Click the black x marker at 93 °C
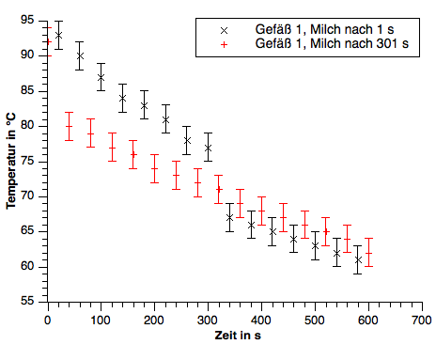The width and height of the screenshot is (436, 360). coord(58,35)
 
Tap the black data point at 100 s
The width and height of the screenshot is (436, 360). coord(101,77)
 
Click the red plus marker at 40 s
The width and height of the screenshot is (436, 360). coord(69,126)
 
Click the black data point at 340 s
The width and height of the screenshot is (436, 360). coord(229,217)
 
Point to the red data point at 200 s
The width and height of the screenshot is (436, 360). coord(154,168)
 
